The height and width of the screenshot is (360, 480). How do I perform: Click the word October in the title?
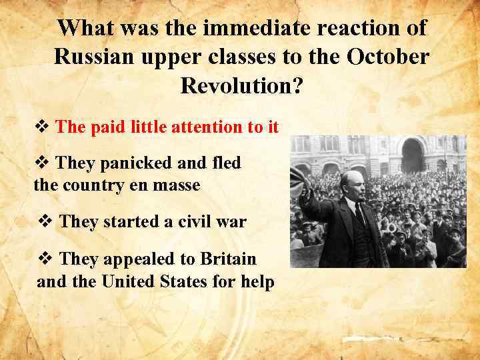click(388, 57)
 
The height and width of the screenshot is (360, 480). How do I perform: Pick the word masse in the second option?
click(177, 185)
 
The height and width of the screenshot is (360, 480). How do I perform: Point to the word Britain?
click(223, 259)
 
